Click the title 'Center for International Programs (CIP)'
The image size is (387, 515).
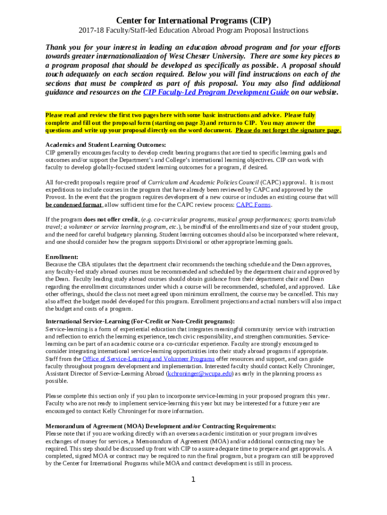pyautogui.click(x=193, y=21)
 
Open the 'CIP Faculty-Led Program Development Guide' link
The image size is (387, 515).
pyautogui.click(x=216, y=93)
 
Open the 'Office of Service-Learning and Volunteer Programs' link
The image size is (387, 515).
pyautogui.click(x=148, y=359)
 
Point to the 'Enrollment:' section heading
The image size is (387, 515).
pyautogui.click(x=62, y=256)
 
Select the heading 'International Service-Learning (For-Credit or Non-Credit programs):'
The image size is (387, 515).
pyautogui.click(x=140, y=321)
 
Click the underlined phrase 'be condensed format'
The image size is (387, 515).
pyautogui.click(x=73, y=205)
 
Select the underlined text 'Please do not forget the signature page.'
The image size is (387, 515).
pyautogui.click(x=288, y=130)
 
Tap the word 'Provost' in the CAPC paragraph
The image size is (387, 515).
pyautogui.click(x=55, y=197)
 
